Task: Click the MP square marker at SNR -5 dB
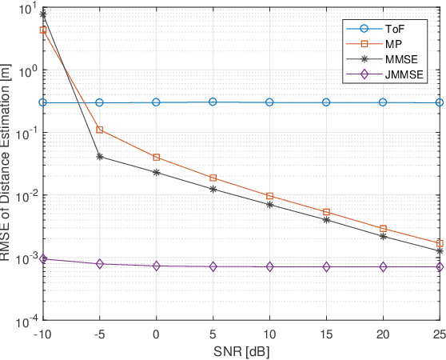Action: point(99,130)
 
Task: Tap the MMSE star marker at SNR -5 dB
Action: point(99,157)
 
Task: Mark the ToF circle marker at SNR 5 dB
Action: point(213,102)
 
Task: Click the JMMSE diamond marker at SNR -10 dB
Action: point(43,259)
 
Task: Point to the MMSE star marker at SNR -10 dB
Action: point(43,14)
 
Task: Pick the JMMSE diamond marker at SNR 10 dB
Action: point(269,266)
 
